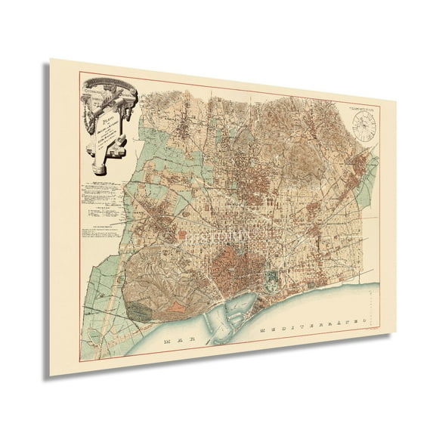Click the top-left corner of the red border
[79, 73]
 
